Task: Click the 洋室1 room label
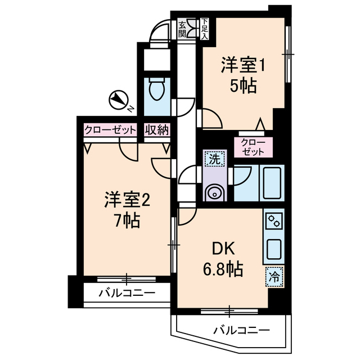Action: click(x=242, y=66)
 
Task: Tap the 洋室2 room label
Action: click(x=127, y=200)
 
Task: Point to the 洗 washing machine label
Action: click(x=214, y=159)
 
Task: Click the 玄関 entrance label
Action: click(x=183, y=29)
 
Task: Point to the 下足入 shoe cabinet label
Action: click(x=205, y=29)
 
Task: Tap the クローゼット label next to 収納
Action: click(x=110, y=130)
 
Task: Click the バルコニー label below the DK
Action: click(x=241, y=330)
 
